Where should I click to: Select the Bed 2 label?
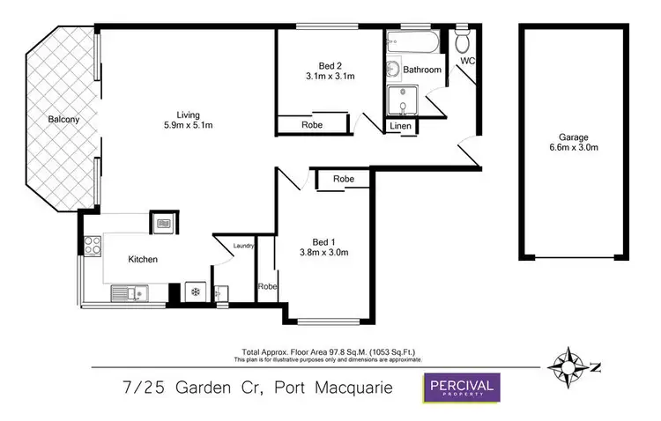coord(330,63)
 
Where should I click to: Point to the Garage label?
coord(573,137)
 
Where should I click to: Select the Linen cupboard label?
coord(401,127)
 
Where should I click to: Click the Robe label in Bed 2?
coord(312,125)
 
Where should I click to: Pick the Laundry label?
coord(243,247)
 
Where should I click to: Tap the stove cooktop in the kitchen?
coord(91,246)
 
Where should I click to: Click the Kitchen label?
coord(143,259)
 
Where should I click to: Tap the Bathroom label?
coord(422,70)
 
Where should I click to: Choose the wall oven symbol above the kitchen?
coord(163,224)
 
